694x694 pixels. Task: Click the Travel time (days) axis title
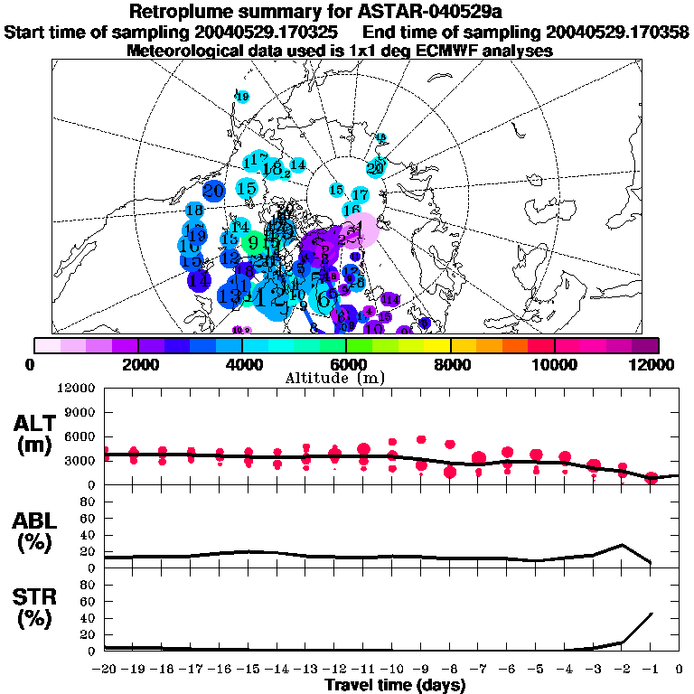click(395, 686)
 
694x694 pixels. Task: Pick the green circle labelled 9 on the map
click(254, 242)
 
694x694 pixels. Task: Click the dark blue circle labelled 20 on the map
click(214, 191)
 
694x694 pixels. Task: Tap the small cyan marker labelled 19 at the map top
click(242, 97)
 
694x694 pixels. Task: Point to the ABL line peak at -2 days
click(622, 545)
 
